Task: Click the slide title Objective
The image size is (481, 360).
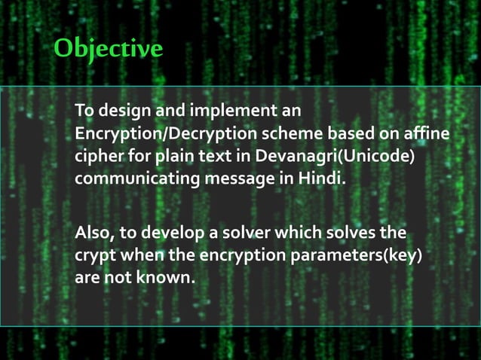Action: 109,49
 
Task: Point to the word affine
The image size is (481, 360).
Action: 426,134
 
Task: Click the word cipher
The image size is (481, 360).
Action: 99,157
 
